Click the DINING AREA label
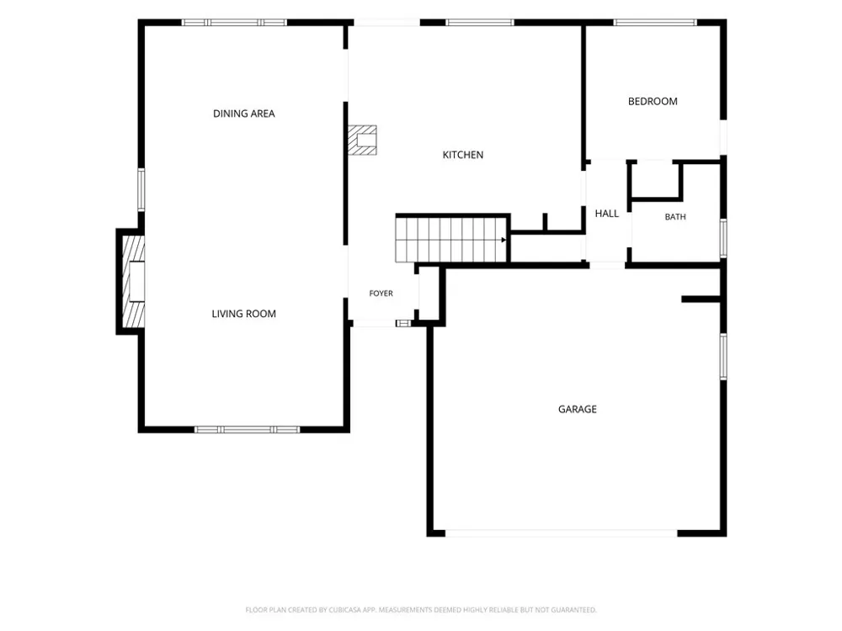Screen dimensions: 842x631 pyautogui.click(x=244, y=114)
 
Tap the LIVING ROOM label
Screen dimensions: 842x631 pyautogui.click(x=244, y=314)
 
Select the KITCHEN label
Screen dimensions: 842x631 pyautogui.click(x=463, y=155)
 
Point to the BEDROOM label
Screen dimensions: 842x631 pyautogui.click(x=653, y=102)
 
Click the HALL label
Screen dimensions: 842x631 pyautogui.click(x=607, y=214)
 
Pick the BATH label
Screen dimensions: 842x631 pyautogui.click(x=675, y=217)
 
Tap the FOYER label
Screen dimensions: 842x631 pyautogui.click(x=381, y=294)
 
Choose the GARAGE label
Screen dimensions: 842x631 pyautogui.click(x=578, y=410)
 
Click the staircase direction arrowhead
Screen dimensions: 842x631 pyautogui.click(x=504, y=240)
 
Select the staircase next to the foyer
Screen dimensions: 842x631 pyautogui.click(x=451, y=239)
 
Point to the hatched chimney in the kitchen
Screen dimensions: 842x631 pyautogui.click(x=362, y=140)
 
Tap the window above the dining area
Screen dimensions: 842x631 pyautogui.click(x=234, y=23)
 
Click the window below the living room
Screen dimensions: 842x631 pyautogui.click(x=247, y=430)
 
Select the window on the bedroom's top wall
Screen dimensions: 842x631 pyautogui.click(x=655, y=23)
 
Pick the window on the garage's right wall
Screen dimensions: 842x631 pyautogui.click(x=723, y=356)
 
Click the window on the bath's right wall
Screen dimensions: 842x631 pyautogui.click(x=723, y=238)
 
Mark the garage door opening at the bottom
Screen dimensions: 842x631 pyautogui.click(x=561, y=533)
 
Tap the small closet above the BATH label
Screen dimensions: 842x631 pyautogui.click(x=655, y=180)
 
